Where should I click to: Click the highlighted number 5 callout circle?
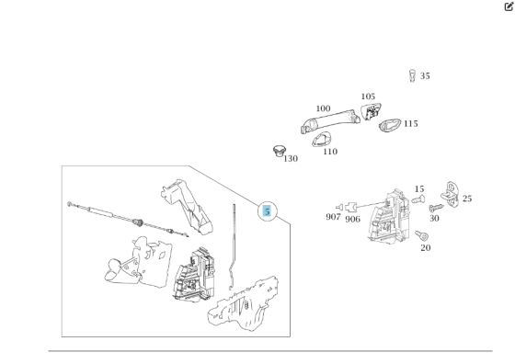pyautogui.click(x=268, y=211)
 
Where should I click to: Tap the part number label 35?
pyautogui.click(x=425, y=76)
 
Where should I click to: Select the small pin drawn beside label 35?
pyautogui.click(x=412, y=75)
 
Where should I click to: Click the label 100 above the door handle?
pyautogui.click(x=323, y=108)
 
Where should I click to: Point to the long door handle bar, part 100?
pyautogui.click(x=330, y=121)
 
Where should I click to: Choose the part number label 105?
pyautogui.click(x=368, y=97)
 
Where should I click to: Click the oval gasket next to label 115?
pyautogui.click(x=390, y=125)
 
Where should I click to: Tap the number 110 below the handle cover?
pyautogui.click(x=330, y=152)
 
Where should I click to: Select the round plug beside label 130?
pyautogui.click(x=280, y=151)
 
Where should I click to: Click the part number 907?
pyautogui.click(x=333, y=217)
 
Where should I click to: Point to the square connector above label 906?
pyautogui.click(x=351, y=208)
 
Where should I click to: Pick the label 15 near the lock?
pyautogui.click(x=419, y=189)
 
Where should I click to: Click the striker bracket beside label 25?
pyautogui.click(x=450, y=195)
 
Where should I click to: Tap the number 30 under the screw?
pyautogui.click(x=434, y=219)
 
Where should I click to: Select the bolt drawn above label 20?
pyautogui.click(x=422, y=235)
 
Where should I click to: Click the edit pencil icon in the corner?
pyautogui.click(x=509, y=6)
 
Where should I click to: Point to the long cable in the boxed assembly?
pyautogui.click(x=128, y=220)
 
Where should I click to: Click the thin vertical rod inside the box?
pyautogui.click(x=233, y=247)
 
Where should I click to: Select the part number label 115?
pyautogui.click(x=410, y=124)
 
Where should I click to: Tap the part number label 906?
pyautogui.click(x=352, y=220)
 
